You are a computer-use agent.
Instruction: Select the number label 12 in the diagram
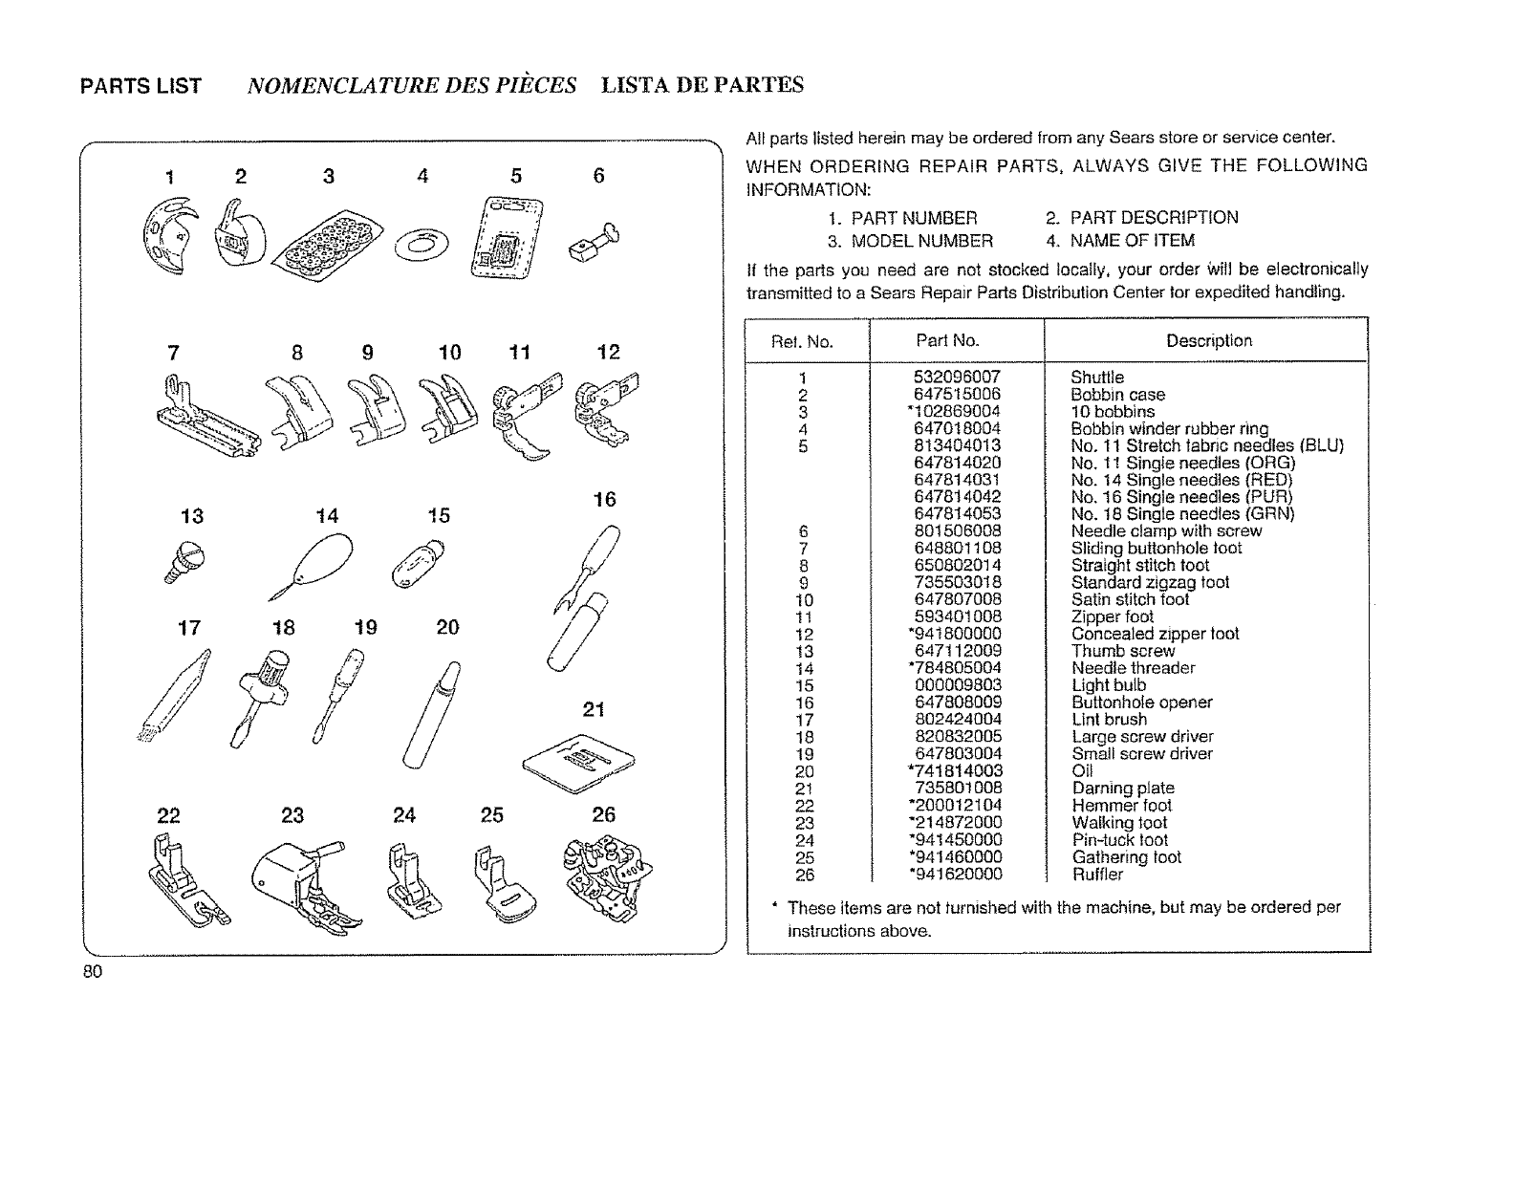tap(608, 353)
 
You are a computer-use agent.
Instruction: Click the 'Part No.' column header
tap(947, 340)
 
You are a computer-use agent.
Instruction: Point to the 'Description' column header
tap(1208, 340)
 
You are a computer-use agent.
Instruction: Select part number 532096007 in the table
tap(957, 378)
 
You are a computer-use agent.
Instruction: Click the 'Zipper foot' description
tap(1112, 616)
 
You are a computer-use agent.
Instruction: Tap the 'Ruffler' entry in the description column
tap(1096, 875)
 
